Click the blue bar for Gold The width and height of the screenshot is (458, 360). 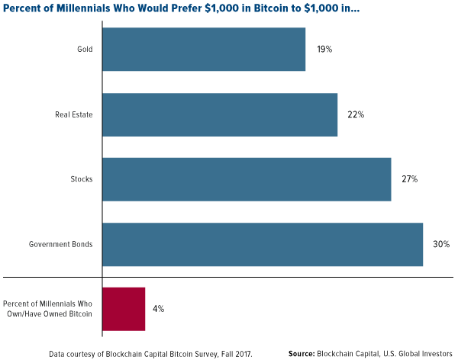tap(204, 50)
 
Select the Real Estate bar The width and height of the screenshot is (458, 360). tap(220, 114)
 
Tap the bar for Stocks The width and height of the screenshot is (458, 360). tap(247, 179)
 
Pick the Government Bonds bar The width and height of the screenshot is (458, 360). tap(263, 244)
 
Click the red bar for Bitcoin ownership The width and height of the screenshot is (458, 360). tap(124, 309)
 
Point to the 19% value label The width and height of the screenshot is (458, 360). tap(324, 50)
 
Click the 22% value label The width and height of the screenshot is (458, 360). tap(356, 114)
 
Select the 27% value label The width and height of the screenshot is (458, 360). tap(410, 179)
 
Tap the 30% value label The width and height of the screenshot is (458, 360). tap(442, 244)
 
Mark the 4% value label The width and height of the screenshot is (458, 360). tap(159, 309)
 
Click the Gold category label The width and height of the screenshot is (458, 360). tap(84, 50)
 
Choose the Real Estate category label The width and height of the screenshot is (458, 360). tap(73, 114)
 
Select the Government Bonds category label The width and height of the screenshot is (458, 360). tap(61, 244)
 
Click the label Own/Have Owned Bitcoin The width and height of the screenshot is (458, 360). tap(50, 314)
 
